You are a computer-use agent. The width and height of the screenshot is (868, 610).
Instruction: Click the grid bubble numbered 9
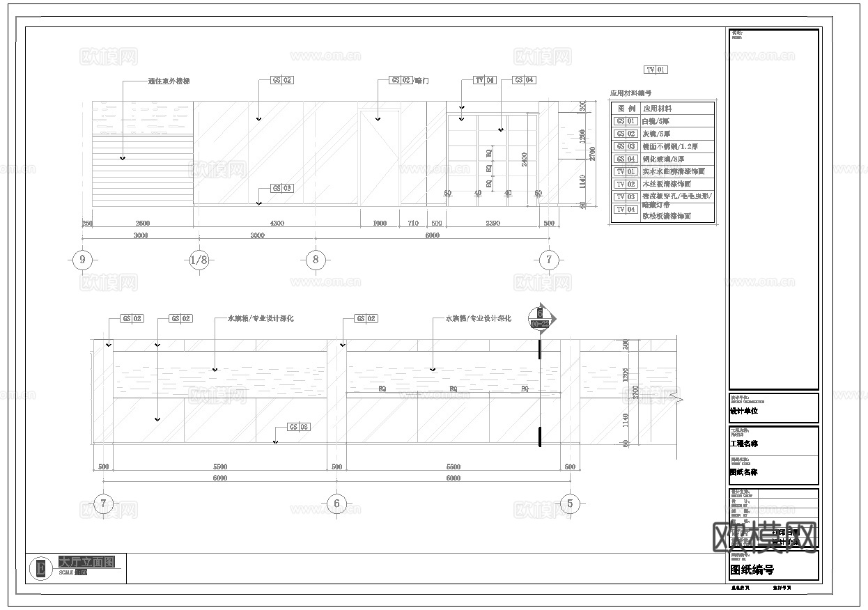tap(83, 260)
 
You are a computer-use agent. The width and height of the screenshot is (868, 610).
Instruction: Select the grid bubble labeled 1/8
tap(199, 260)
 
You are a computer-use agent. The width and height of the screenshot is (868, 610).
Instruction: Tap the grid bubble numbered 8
tap(316, 260)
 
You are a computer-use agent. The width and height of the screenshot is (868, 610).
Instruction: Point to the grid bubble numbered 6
tap(336, 503)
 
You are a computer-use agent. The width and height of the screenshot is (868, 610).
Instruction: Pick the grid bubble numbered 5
tap(570, 503)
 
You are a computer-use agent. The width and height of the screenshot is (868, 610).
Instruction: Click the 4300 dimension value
tap(277, 224)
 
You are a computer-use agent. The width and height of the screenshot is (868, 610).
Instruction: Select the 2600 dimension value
tap(142, 224)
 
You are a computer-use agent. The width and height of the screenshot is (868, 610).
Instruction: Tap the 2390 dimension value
tap(493, 224)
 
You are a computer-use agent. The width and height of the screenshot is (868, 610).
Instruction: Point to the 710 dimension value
tap(413, 224)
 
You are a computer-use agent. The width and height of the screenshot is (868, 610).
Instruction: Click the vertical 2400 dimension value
tap(524, 159)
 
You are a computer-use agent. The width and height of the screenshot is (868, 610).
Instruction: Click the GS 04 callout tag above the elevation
tap(525, 81)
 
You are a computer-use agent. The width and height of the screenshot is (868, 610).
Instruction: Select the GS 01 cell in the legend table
tap(625, 121)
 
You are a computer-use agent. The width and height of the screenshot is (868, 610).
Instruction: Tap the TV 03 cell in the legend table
tap(625, 197)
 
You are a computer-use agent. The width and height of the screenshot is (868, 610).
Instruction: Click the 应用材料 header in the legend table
tap(657, 109)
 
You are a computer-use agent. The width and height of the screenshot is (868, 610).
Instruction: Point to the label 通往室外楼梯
tap(169, 81)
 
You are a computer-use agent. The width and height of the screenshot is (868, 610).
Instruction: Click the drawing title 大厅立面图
tap(86, 561)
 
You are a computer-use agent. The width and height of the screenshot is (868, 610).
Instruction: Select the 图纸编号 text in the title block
tap(752, 570)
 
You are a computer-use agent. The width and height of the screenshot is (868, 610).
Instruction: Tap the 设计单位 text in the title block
tap(743, 411)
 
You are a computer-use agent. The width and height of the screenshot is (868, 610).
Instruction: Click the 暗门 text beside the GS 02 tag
tap(421, 81)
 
